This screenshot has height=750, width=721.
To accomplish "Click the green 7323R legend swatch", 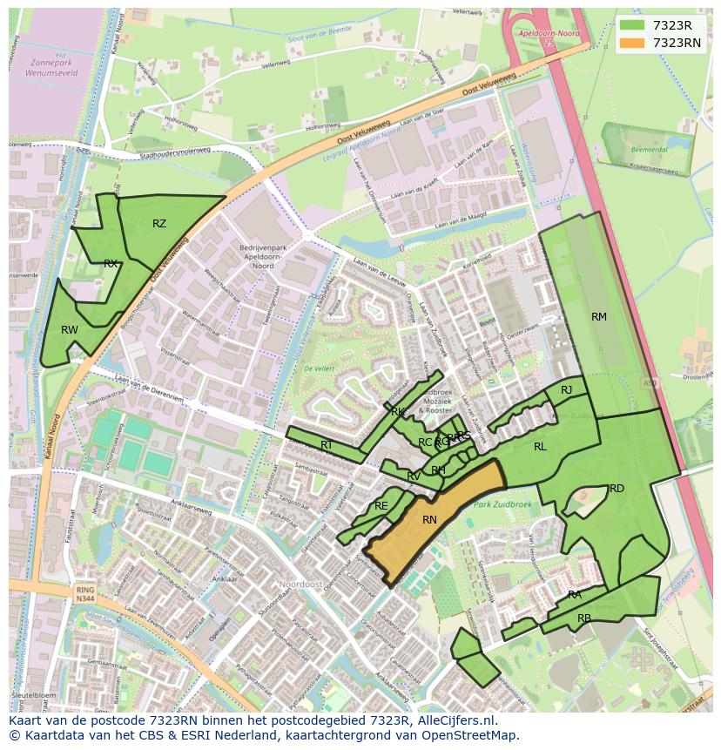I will tap(632, 25).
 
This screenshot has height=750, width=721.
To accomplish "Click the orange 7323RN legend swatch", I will tap(632, 43).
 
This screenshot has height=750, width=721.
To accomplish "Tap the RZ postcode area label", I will tap(159, 224).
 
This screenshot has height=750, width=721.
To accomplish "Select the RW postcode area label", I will tap(70, 330).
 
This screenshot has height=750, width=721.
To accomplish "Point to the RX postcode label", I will tap(111, 263).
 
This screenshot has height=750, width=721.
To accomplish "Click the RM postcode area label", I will tap(599, 317).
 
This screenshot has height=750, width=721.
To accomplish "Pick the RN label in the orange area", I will tap(429, 520).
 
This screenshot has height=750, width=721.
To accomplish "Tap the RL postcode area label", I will tap(540, 447).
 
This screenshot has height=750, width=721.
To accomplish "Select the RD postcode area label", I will tap(617, 489).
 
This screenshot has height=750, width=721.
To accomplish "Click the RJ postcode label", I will tap(566, 390).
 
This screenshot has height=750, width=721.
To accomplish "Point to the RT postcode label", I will tap(327, 445).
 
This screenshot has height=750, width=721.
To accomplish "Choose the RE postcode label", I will tap(381, 506).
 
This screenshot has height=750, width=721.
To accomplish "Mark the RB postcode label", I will tap(584, 618).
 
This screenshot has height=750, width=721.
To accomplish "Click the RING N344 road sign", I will tap(84, 595).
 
